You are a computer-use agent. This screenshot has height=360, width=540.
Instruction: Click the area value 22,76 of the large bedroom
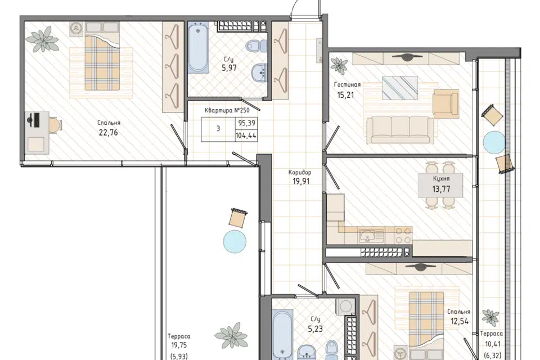(109, 132)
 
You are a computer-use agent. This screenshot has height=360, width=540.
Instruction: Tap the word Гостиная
(347, 84)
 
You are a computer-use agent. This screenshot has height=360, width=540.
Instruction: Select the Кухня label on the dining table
(441, 179)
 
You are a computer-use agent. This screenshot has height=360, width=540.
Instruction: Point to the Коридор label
(300, 173)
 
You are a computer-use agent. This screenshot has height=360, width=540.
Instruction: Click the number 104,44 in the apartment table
(246, 136)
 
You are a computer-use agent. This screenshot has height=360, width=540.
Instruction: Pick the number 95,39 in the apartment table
(247, 123)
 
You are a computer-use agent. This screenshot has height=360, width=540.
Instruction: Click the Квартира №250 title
(227, 110)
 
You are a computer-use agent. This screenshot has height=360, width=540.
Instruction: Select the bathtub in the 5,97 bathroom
(199, 47)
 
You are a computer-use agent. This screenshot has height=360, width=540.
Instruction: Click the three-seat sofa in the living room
(400, 129)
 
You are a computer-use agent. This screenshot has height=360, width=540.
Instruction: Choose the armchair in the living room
(446, 104)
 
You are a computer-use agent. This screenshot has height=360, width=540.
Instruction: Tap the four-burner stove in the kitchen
(403, 236)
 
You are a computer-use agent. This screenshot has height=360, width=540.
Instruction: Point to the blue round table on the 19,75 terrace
(235, 241)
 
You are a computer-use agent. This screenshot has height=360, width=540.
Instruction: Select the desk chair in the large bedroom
(55, 124)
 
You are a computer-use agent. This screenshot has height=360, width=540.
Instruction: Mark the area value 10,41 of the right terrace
(493, 344)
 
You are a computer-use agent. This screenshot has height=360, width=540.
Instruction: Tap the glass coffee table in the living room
(400, 88)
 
